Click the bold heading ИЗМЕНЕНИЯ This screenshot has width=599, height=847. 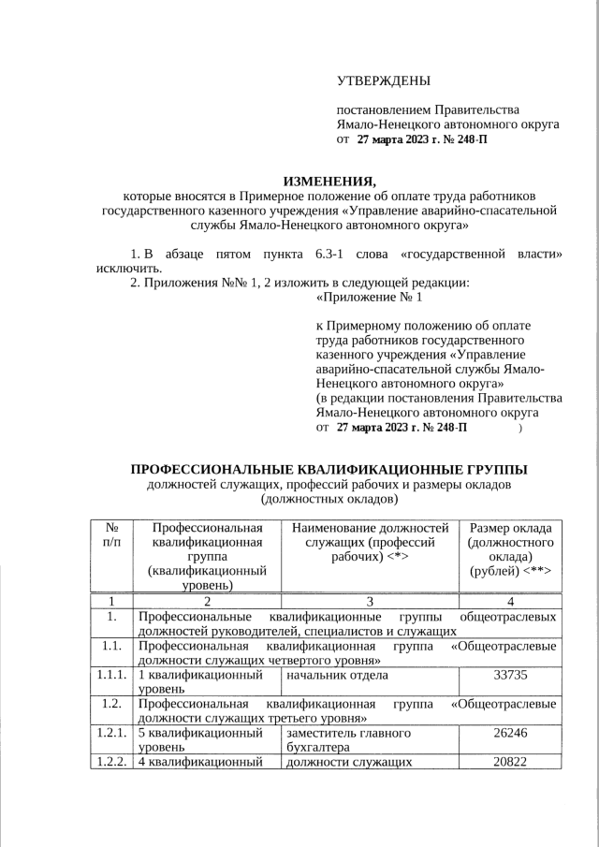329,181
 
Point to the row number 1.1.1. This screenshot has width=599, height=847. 111,675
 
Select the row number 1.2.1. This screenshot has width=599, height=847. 111,734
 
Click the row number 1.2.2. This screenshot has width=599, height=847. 111,763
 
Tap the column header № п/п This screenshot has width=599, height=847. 111,534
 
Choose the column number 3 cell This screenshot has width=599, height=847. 370,601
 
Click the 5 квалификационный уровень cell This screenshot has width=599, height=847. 199,740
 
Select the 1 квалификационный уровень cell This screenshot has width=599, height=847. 199,681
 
